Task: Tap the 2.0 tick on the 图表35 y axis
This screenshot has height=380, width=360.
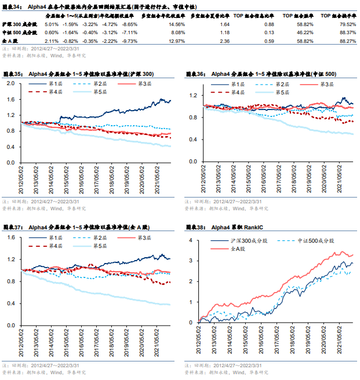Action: (12, 84)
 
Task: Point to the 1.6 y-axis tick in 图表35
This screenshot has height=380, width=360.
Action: (12, 100)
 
